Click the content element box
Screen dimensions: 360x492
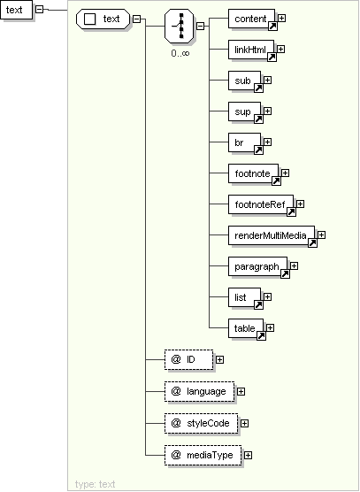[x=251, y=19]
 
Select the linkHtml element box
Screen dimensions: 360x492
[x=251, y=50]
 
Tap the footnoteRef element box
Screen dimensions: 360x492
[x=261, y=204]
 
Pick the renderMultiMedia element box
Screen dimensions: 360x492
[x=272, y=235]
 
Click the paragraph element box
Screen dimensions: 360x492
[x=257, y=266]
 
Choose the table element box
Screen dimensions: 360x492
[x=246, y=328]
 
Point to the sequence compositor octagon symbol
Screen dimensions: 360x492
[x=179, y=26]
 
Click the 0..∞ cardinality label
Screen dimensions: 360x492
[x=180, y=53]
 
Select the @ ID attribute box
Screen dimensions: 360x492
[x=188, y=359]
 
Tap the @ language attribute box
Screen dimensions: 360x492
[x=199, y=391]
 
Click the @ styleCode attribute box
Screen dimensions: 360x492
[x=202, y=423]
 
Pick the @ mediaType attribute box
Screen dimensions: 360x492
[x=203, y=455]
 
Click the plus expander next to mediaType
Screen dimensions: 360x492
[x=248, y=455]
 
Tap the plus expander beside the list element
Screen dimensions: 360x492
[x=267, y=296]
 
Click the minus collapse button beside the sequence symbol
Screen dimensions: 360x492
[x=200, y=26]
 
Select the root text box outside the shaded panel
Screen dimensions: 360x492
[x=16, y=10]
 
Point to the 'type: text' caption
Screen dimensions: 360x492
[x=95, y=484]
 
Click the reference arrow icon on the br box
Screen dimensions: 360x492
[x=258, y=150]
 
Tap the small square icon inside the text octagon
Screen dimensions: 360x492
[x=90, y=19]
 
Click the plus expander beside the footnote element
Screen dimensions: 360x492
[x=285, y=173]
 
